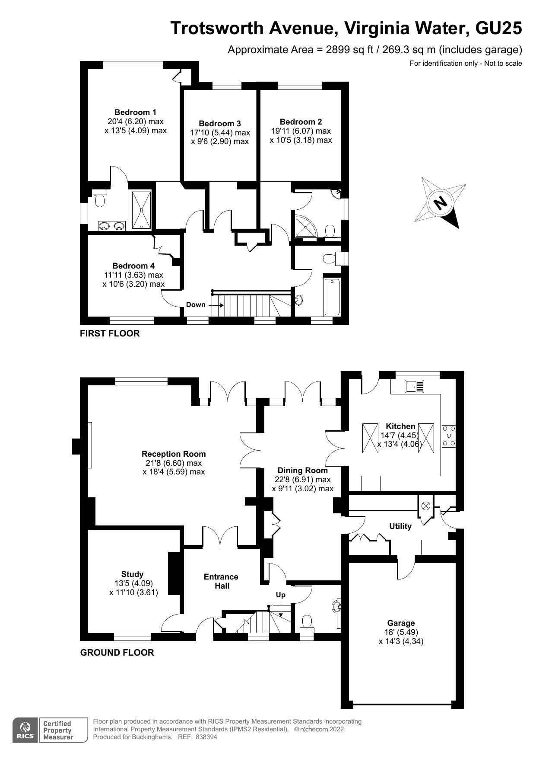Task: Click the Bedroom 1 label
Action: [x=135, y=112]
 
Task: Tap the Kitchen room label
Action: [x=400, y=426]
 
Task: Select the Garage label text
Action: [x=401, y=623]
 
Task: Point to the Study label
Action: [x=132, y=574]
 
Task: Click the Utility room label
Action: [x=400, y=526]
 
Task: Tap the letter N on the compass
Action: [x=440, y=202]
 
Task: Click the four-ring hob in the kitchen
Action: [x=449, y=436]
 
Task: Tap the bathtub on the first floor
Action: [x=332, y=297]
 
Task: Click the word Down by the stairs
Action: [x=196, y=305]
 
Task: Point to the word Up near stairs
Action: [x=281, y=595]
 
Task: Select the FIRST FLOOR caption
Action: [x=110, y=333]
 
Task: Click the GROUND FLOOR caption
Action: [x=117, y=653]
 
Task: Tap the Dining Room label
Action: [x=302, y=471]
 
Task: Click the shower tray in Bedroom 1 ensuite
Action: [x=141, y=209]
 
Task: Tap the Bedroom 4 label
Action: [x=133, y=266]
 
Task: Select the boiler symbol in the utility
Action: [x=426, y=505]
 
